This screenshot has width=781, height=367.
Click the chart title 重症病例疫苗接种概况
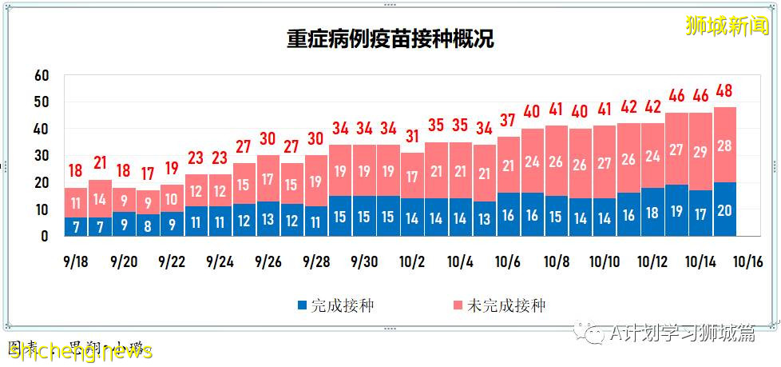pos(390,40)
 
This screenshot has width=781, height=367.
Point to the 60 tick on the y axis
pos(42,75)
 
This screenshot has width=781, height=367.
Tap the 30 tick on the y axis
pos(42,156)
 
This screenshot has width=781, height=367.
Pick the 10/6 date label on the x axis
pos(507,261)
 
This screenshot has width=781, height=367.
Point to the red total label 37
pos(509,121)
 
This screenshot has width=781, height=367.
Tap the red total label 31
pos(413,137)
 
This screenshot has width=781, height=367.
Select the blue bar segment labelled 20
pos(725,209)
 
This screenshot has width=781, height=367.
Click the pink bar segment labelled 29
pos(700,151)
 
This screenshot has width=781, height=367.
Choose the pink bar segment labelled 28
pos(725,145)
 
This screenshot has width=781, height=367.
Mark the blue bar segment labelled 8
pos(148,225)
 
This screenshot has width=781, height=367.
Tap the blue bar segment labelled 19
pos(676,211)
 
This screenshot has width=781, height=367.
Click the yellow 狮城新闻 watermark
pos(726,26)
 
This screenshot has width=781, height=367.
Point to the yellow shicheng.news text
pos(80,352)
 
